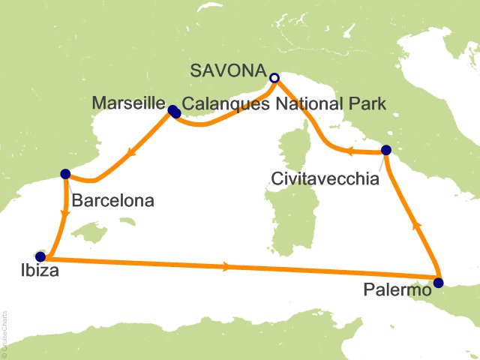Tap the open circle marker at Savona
click(274, 77)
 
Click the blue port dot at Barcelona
click(65, 173)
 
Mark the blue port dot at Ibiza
click(40, 256)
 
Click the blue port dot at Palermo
click(438, 283)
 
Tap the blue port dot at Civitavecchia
click(385, 150)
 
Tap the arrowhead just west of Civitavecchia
click(349, 152)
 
